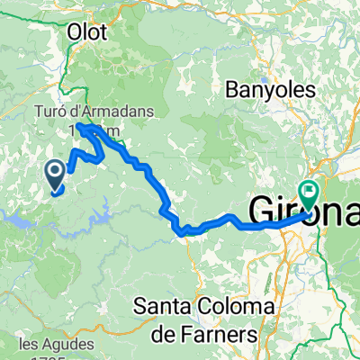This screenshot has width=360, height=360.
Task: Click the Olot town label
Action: (87, 32)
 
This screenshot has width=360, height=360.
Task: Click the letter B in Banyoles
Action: (226, 91)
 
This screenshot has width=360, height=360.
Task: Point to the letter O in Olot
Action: (74, 32)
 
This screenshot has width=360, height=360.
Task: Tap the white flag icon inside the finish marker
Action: (311, 190)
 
